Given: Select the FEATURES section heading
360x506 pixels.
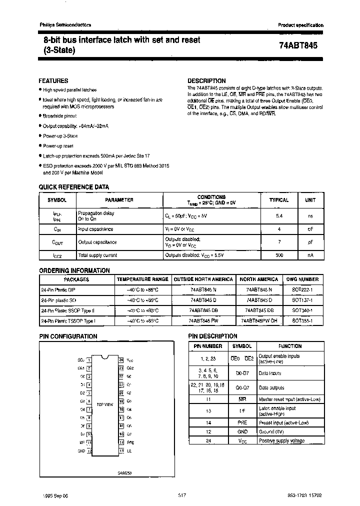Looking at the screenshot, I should (x=53, y=80).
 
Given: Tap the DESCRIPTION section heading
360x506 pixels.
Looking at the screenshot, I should (x=206, y=80).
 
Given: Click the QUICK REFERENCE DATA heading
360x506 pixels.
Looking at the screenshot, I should (x=74, y=187).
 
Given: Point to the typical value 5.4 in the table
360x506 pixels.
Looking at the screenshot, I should (x=279, y=215).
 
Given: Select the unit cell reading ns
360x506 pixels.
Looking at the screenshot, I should (x=310, y=215).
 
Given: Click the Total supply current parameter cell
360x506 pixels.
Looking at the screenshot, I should (x=97, y=255).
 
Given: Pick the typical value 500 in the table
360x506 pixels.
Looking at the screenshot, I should (x=279, y=255).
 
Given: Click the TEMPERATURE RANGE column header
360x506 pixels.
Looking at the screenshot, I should (x=142, y=279).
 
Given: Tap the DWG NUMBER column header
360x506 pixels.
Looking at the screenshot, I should (x=301, y=279).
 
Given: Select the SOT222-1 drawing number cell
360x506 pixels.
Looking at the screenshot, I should (x=301, y=289).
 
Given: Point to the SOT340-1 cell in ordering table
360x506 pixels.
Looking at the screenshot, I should (x=301, y=310).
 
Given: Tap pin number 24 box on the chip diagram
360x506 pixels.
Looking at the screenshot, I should (x=121, y=359).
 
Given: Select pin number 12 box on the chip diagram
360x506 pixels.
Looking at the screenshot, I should (x=89, y=450).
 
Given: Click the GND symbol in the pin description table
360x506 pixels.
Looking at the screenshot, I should (x=242, y=431).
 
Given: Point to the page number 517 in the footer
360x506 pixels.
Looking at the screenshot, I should (x=182, y=494).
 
